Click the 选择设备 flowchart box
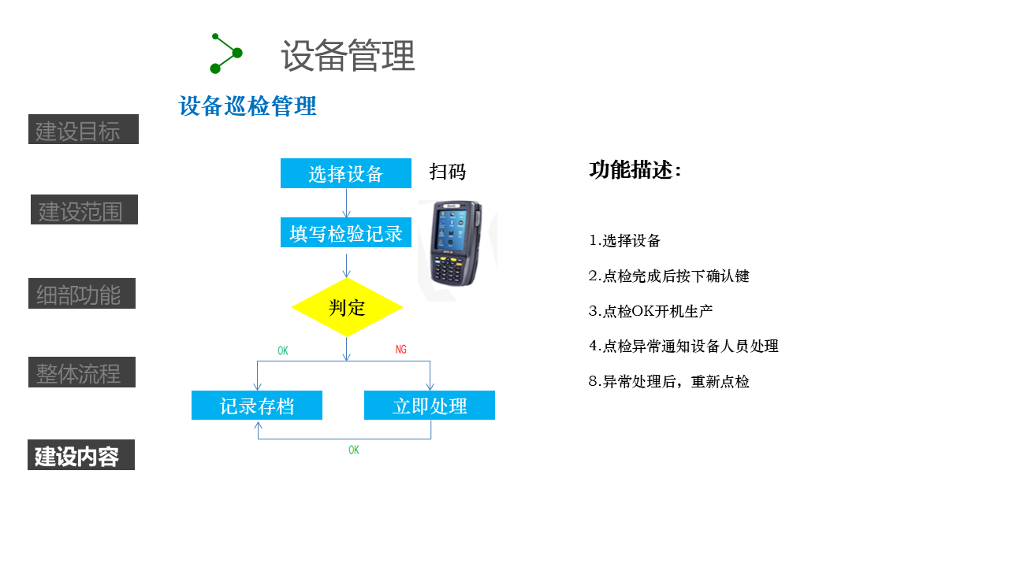tap(345, 173)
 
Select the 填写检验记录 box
tap(345, 233)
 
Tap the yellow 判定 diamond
tap(347, 307)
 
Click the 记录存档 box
tap(257, 406)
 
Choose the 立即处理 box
tap(430, 406)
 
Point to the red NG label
tap(401, 350)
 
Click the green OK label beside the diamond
tap(283, 350)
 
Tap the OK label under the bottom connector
tap(354, 450)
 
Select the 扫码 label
tap(448, 172)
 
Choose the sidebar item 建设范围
tap(84, 210)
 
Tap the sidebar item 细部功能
tap(82, 294)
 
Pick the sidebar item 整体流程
tap(82, 372)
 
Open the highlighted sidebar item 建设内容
tap(81, 455)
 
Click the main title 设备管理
tap(348, 56)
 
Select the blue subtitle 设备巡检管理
tap(248, 106)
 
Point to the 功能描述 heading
tap(635, 170)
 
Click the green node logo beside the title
tap(226, 54)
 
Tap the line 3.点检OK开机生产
tap(650, 311)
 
